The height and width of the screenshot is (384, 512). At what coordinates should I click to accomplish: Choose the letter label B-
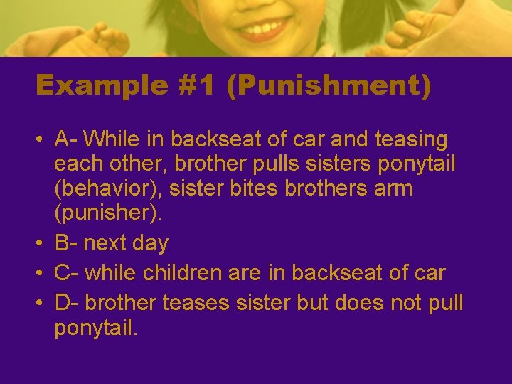tap(68, 243)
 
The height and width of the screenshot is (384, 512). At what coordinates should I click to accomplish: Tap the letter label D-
tap(68, 303)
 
